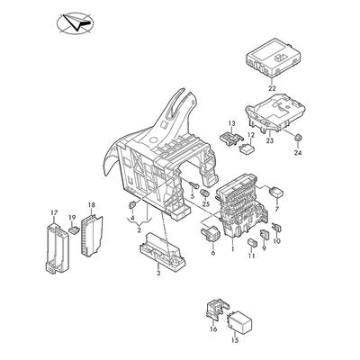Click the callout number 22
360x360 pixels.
point(272,89)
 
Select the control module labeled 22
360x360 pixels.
point(273,57)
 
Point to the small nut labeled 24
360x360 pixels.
point(298,139)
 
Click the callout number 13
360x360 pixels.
point(232,123)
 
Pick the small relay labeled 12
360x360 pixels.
point(247,148)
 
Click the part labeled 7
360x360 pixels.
point(277,192)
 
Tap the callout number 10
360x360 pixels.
point(277,240)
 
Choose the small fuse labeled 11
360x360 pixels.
point(252,242)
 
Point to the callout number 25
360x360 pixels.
point(205,204)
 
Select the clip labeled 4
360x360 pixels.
point(132,206)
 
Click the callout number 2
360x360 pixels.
point(139,230)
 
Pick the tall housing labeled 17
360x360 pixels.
point(58,248)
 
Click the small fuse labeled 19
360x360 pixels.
point(73,230)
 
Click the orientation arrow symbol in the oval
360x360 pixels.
point(77,22)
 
